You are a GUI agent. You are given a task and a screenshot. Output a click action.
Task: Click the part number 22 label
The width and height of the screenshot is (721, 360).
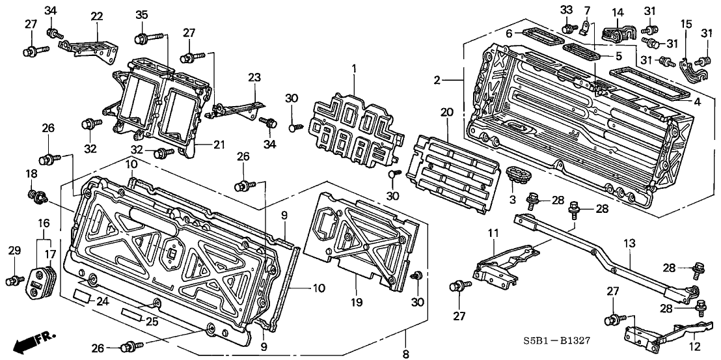coord(97,16)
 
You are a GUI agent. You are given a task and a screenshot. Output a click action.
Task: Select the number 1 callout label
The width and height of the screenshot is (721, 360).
coord(354,68)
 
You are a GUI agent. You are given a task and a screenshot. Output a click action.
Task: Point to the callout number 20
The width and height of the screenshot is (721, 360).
coord(446,113)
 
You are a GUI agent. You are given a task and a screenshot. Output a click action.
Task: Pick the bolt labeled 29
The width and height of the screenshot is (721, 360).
coord(12,281)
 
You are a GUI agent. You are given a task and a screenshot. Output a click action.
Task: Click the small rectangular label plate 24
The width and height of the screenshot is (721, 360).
coord(82,296)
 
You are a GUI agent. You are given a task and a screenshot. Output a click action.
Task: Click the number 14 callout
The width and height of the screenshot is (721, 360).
coord(618,12)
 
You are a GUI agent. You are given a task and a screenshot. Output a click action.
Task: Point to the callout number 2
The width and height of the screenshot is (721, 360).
coord(438,80)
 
